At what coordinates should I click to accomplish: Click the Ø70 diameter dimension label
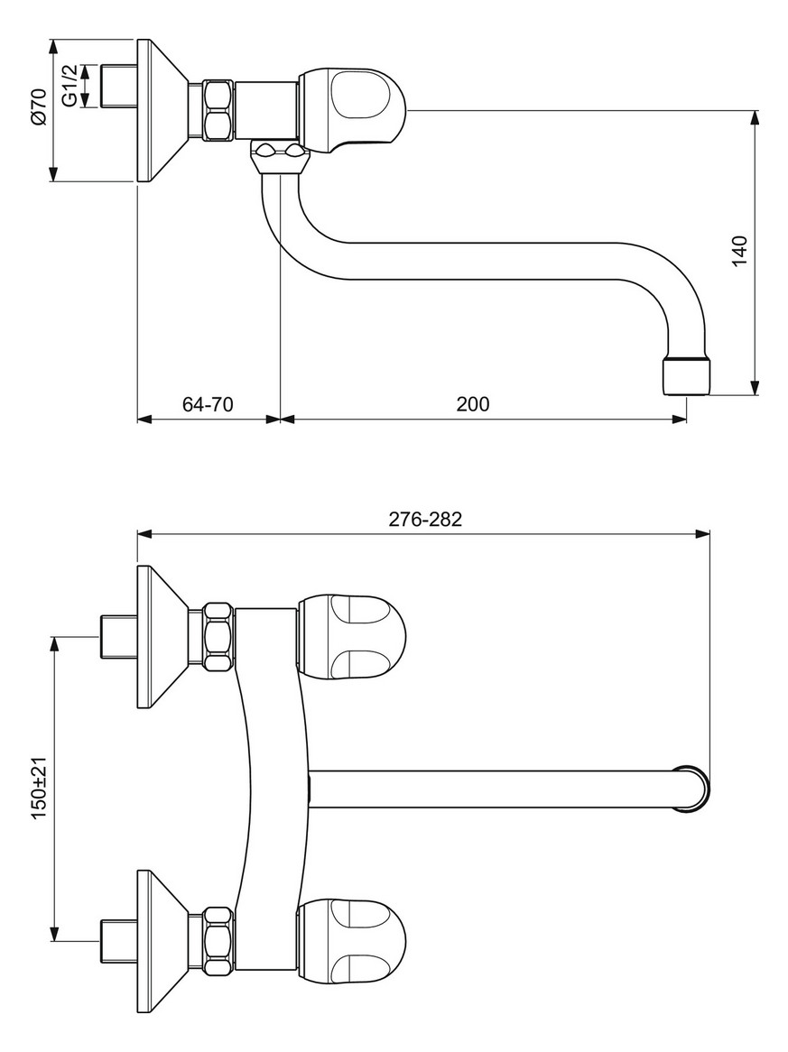click(37, 110)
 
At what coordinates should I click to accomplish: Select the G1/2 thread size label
click(70, 86)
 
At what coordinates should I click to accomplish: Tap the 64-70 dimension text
click(208, 404)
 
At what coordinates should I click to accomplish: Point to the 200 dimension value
click(472, 404)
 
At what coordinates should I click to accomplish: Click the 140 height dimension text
click(740, 250)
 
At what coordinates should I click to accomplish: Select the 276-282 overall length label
click(424, 520)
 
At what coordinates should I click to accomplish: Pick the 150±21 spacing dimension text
click(39, 788)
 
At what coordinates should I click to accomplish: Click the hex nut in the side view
click(217, 110)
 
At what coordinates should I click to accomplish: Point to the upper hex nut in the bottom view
click(217, 637)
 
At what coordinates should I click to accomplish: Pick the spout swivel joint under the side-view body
click(280, 159)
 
